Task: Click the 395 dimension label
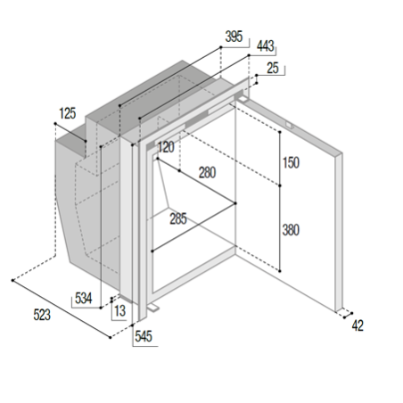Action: tap(234, 37)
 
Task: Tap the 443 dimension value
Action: tap(266, 46)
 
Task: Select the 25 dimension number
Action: tap(273, 68)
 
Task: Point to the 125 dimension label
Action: tap(68, 113)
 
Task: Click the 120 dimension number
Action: tap(166, 147)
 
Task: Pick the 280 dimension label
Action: tap(207, 173)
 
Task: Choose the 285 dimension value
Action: tap(178, 219)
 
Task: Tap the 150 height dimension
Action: tap(291, 163)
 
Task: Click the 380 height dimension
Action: tap(291, 230)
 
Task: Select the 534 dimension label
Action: tap(84, 298)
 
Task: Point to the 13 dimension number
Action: tap(120, 311)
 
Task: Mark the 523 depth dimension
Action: tap(42, 315)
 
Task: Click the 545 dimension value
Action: tap(144, 336)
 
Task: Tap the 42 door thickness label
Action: tap(358, 326)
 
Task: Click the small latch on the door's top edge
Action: tap(290, 126)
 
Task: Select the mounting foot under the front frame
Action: tap(153, 308)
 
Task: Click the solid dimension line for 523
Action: tap(62, 309)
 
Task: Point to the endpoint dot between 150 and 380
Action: tap(280, 185)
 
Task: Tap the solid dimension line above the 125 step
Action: tap(70, 132)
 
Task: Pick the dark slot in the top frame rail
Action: tap(196, 119)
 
